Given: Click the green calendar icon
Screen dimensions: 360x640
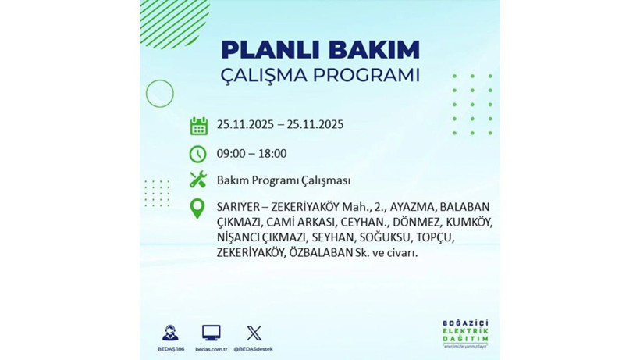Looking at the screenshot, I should tap(198, 126).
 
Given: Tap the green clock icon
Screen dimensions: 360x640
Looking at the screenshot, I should tap(198, 154).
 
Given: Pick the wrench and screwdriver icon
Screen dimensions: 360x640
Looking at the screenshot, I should tap(198, 180).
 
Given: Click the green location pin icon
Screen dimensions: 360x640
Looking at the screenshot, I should tap(198, 209).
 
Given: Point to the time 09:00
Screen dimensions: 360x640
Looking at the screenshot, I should tap(232, 154).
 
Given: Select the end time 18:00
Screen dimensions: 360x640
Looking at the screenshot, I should tap(272, 154).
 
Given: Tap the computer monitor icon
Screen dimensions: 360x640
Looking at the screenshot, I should tap(211, 333).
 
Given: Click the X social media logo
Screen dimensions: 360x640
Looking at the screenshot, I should tap(254, 333).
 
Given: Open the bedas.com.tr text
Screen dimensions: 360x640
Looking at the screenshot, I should tap(211, 348).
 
